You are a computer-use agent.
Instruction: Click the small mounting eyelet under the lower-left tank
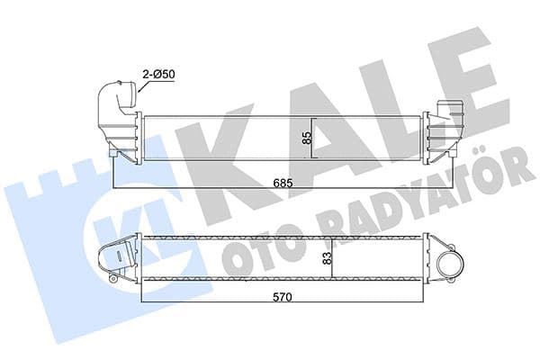(113, 282)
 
